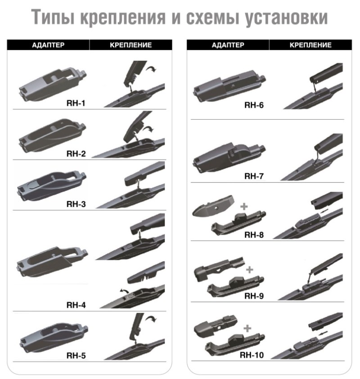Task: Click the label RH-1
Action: coord(76,103)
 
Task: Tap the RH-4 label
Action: coord(76,305)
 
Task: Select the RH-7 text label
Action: coord(254,176)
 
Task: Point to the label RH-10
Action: coord(252,355)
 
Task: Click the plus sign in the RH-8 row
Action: coord(244,207)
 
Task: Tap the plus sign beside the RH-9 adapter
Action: coord(250,270)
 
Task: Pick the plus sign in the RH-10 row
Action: coord(247,328)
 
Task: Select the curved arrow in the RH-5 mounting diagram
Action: coord(151,319)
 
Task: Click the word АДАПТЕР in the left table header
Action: coord(48,45)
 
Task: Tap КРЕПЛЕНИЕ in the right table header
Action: coord(310,45)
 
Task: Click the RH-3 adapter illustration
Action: coord(52,185)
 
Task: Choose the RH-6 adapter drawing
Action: coord(229,86)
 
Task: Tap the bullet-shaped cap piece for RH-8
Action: coord(213,206)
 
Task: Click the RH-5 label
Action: coord(76,356)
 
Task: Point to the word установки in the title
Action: coord(287,18)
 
